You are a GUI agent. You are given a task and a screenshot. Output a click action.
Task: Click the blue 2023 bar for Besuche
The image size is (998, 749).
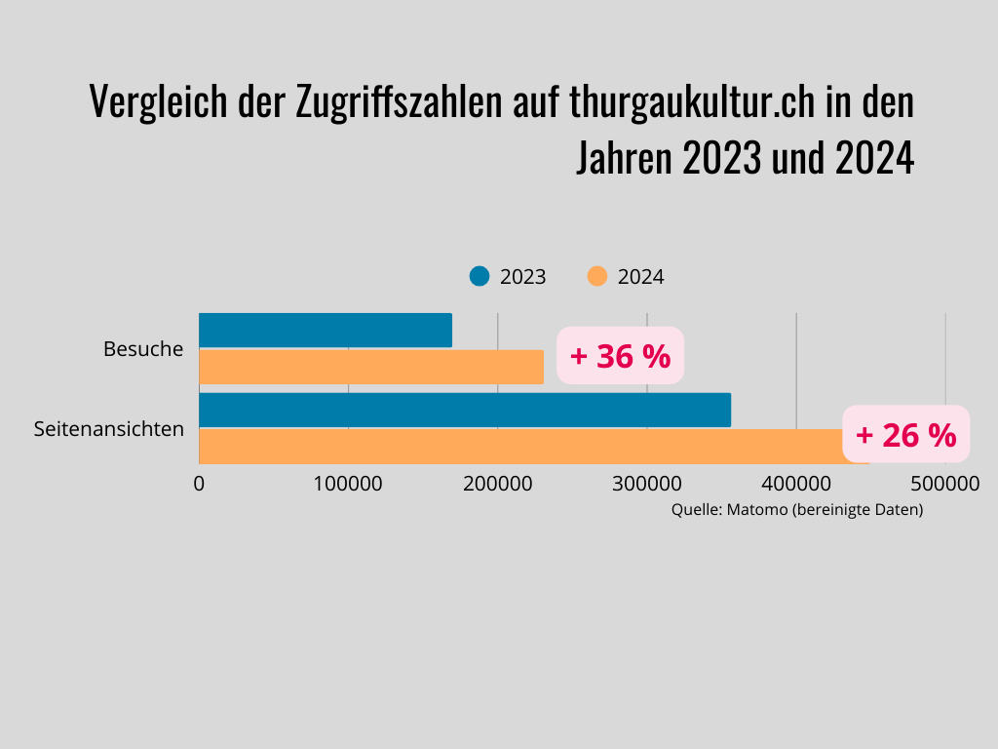(326, 330)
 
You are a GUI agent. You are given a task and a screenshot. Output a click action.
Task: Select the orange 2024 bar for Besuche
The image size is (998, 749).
(371, 367)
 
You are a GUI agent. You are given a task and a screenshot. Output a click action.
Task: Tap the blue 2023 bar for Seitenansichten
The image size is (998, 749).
(465, 410)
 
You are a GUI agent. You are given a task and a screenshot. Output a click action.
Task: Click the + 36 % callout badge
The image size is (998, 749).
(620, 356)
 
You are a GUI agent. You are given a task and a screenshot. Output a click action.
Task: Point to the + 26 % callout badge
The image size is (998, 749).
(905, 434)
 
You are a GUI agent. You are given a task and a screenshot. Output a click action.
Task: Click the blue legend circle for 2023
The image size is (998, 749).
(479, 276)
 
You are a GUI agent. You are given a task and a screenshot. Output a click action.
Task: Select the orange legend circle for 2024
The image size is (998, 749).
(597, 276)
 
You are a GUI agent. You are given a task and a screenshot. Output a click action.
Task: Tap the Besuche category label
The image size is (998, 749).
(143, 348)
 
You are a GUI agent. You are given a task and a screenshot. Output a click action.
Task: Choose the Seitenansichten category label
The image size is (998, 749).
(109, 428)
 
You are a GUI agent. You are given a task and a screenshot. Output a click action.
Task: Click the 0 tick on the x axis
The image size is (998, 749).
(199, 483)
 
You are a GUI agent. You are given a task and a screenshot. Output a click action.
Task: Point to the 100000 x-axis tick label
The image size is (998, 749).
(348, 483)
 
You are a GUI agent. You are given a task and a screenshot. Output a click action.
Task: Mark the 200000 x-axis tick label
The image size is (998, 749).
(497, 483)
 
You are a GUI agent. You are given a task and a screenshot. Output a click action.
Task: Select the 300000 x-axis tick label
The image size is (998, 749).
(646, 483)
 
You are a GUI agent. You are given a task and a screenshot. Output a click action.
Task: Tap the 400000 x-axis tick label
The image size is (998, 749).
(795, 483)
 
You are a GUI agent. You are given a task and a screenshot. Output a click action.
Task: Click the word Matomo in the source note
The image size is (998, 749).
(756, 509)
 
